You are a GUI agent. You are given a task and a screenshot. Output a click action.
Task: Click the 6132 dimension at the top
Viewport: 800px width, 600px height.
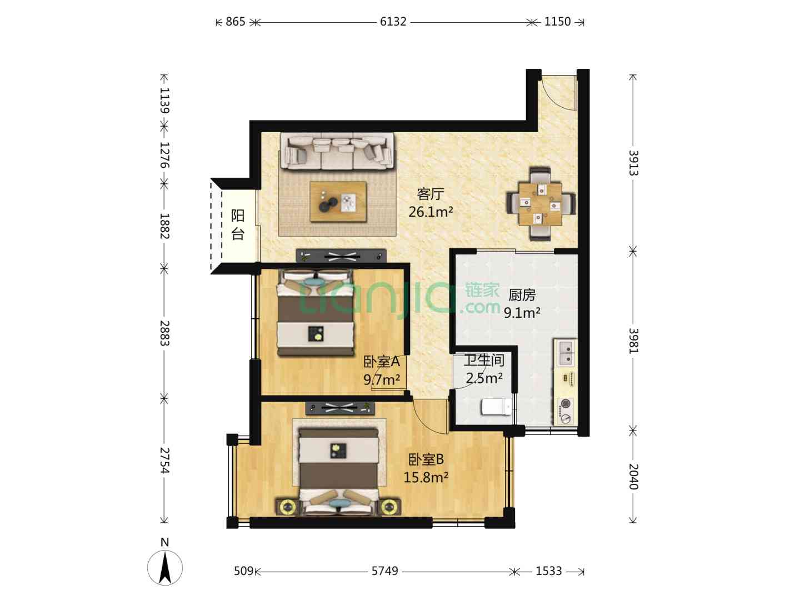click(x=393, y=22)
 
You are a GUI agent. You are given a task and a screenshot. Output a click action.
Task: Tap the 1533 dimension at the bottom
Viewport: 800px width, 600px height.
click(x=548, y=571)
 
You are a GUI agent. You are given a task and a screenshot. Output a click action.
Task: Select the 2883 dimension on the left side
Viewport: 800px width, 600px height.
click(x=165, y=333)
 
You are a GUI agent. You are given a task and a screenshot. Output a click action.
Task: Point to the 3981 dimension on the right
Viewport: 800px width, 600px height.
click(x=634, y=341)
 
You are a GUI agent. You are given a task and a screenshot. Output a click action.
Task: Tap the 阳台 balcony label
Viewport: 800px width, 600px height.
click(x=238, y=224)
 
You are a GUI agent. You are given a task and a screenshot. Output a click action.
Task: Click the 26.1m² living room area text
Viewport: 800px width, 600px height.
click(x=431, y=212)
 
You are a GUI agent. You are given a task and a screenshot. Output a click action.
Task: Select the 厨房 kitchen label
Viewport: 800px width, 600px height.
click(x=522, y=295)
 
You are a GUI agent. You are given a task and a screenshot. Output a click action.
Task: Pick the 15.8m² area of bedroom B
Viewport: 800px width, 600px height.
click(x=426, y=477)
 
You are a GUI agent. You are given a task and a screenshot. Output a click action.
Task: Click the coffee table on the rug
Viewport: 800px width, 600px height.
click(x=338, y=202)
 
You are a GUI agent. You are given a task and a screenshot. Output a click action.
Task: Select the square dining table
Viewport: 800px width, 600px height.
click(x=541, y=204)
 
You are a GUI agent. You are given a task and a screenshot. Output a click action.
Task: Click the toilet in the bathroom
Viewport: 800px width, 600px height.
click(x=497, y=407)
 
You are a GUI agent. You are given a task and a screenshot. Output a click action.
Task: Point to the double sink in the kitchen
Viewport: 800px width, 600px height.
click(x=566, y=353)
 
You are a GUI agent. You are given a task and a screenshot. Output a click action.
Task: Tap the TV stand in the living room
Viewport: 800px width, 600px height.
click(x=341, y=256)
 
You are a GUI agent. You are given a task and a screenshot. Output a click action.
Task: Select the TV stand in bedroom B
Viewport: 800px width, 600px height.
click(x=339, y=408)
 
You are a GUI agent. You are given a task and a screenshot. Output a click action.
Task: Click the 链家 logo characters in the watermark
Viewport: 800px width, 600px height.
click(x=482, y=291)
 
